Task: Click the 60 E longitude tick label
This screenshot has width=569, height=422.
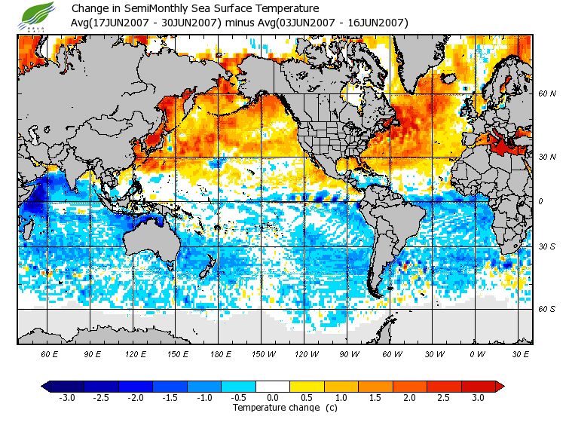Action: pyautogui.click(x=50, y=353)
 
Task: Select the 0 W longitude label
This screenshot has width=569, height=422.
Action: pyautogui.click(x=476, y=353)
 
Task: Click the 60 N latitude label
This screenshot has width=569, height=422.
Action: pyautogui.click(x=546, y=94)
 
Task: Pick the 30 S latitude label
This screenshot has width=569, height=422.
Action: pyautogui.click(x=546, y=247)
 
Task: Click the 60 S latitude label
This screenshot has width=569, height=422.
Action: pyautogui.click(x=546, y=309)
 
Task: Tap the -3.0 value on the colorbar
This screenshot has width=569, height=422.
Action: pyautogui.click(x=66, y=397)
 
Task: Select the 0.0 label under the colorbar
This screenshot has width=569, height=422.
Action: pyautogui.click(x=273, y=397)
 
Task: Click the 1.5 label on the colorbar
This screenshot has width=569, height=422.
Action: pyautogui.click(x=376, y=397)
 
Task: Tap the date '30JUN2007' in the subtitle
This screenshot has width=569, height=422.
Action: pyautogui.click(x=185, y=23)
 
